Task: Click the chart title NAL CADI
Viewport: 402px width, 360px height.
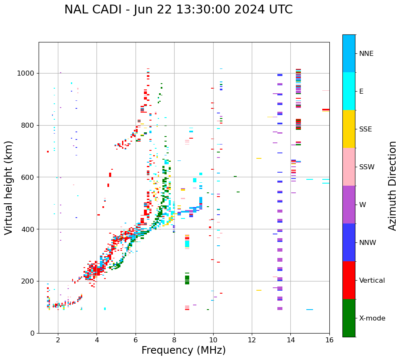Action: point(178,10)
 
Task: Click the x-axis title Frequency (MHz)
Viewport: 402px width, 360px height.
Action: point(183,350)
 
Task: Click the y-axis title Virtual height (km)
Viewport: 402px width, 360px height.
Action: point(9,187)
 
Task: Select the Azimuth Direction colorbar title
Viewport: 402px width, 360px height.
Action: point(392,186)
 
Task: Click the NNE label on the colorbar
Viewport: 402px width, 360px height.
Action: point(366,54)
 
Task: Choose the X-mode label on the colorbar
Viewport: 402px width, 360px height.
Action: point(372,318)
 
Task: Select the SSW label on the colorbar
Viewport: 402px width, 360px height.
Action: point(367,167)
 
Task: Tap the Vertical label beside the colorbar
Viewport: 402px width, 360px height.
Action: point(372,281)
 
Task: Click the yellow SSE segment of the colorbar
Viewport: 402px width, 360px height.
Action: point(349,129)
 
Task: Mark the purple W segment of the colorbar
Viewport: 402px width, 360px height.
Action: point(349,205)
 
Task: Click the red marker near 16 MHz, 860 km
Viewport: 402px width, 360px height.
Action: point(326,110)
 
